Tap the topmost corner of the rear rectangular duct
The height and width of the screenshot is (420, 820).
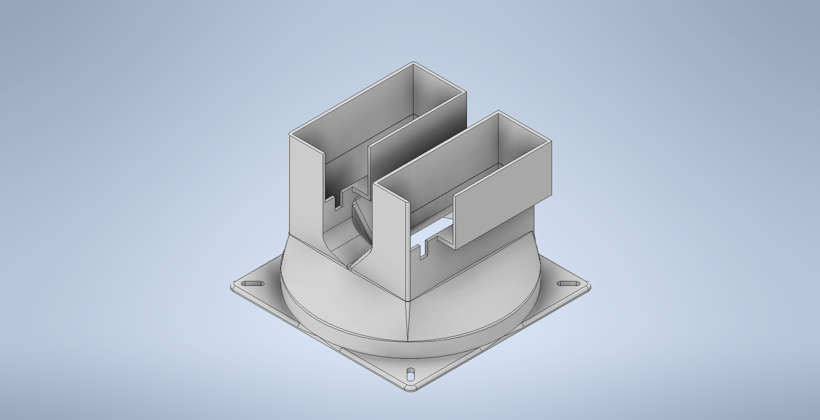coord(414,63)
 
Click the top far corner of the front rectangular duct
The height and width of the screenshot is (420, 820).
coord(498,112)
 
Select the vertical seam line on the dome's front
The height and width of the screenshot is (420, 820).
coord(408,318)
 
